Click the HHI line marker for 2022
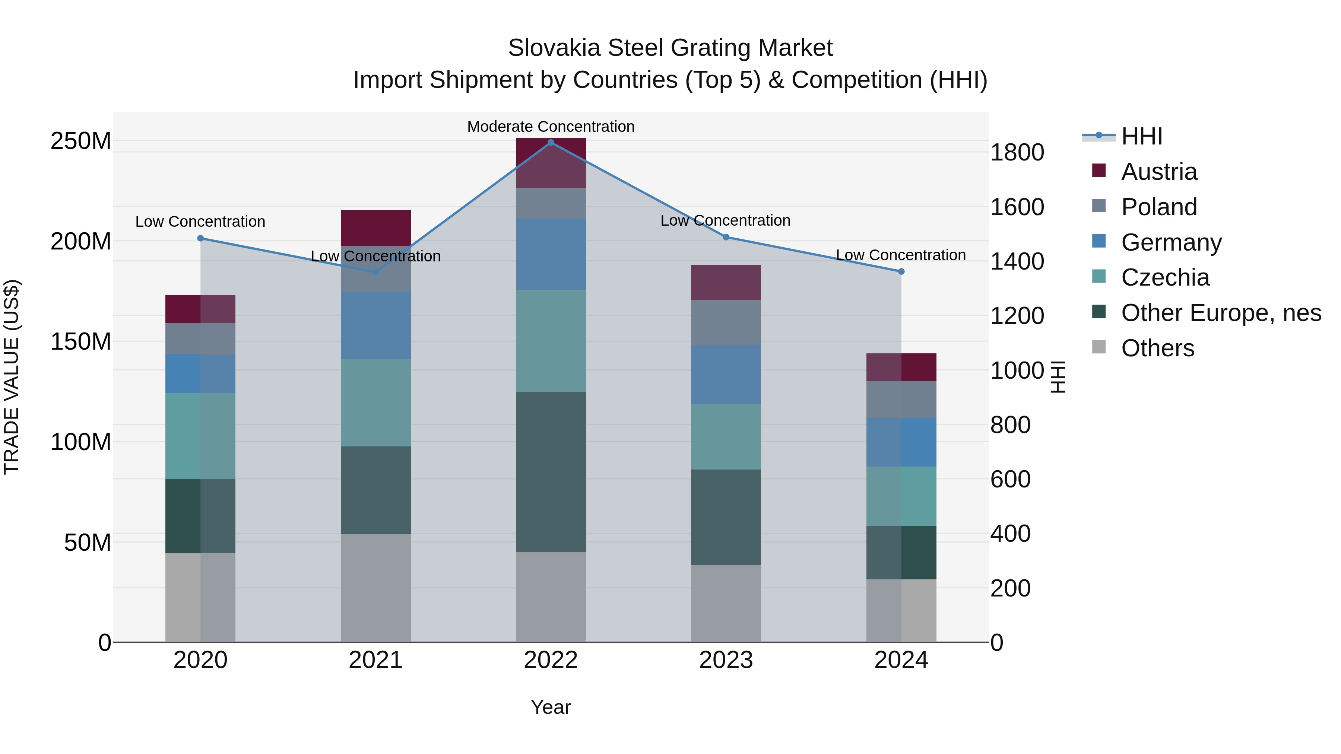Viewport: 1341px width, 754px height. pos(551,143)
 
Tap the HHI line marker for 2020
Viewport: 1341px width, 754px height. pos(200,238)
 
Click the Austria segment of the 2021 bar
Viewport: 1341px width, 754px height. pos(375,228)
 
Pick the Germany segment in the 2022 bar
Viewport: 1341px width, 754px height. pos(551,254)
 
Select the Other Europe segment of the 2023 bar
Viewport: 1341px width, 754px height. pos(726,517)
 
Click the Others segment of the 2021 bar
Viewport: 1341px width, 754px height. pos(375,588)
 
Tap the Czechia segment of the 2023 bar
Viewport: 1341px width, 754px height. pos(726,437)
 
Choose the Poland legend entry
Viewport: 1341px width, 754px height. pos(1159,207)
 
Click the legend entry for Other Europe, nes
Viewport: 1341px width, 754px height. pos(1221,313)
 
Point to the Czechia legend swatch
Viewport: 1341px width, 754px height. pos(1099,276)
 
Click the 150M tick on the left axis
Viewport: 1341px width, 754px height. pos(81,342)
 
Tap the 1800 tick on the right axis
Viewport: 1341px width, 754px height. pos(1017,152)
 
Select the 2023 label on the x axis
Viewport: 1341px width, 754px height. pos(726,660)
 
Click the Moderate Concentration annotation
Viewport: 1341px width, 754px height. pos(551,127)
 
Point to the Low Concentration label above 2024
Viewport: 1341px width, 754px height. pos(901,255)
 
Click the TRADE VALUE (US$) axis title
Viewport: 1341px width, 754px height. pos(12,377)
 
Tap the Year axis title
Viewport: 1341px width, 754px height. pos(551,707)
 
